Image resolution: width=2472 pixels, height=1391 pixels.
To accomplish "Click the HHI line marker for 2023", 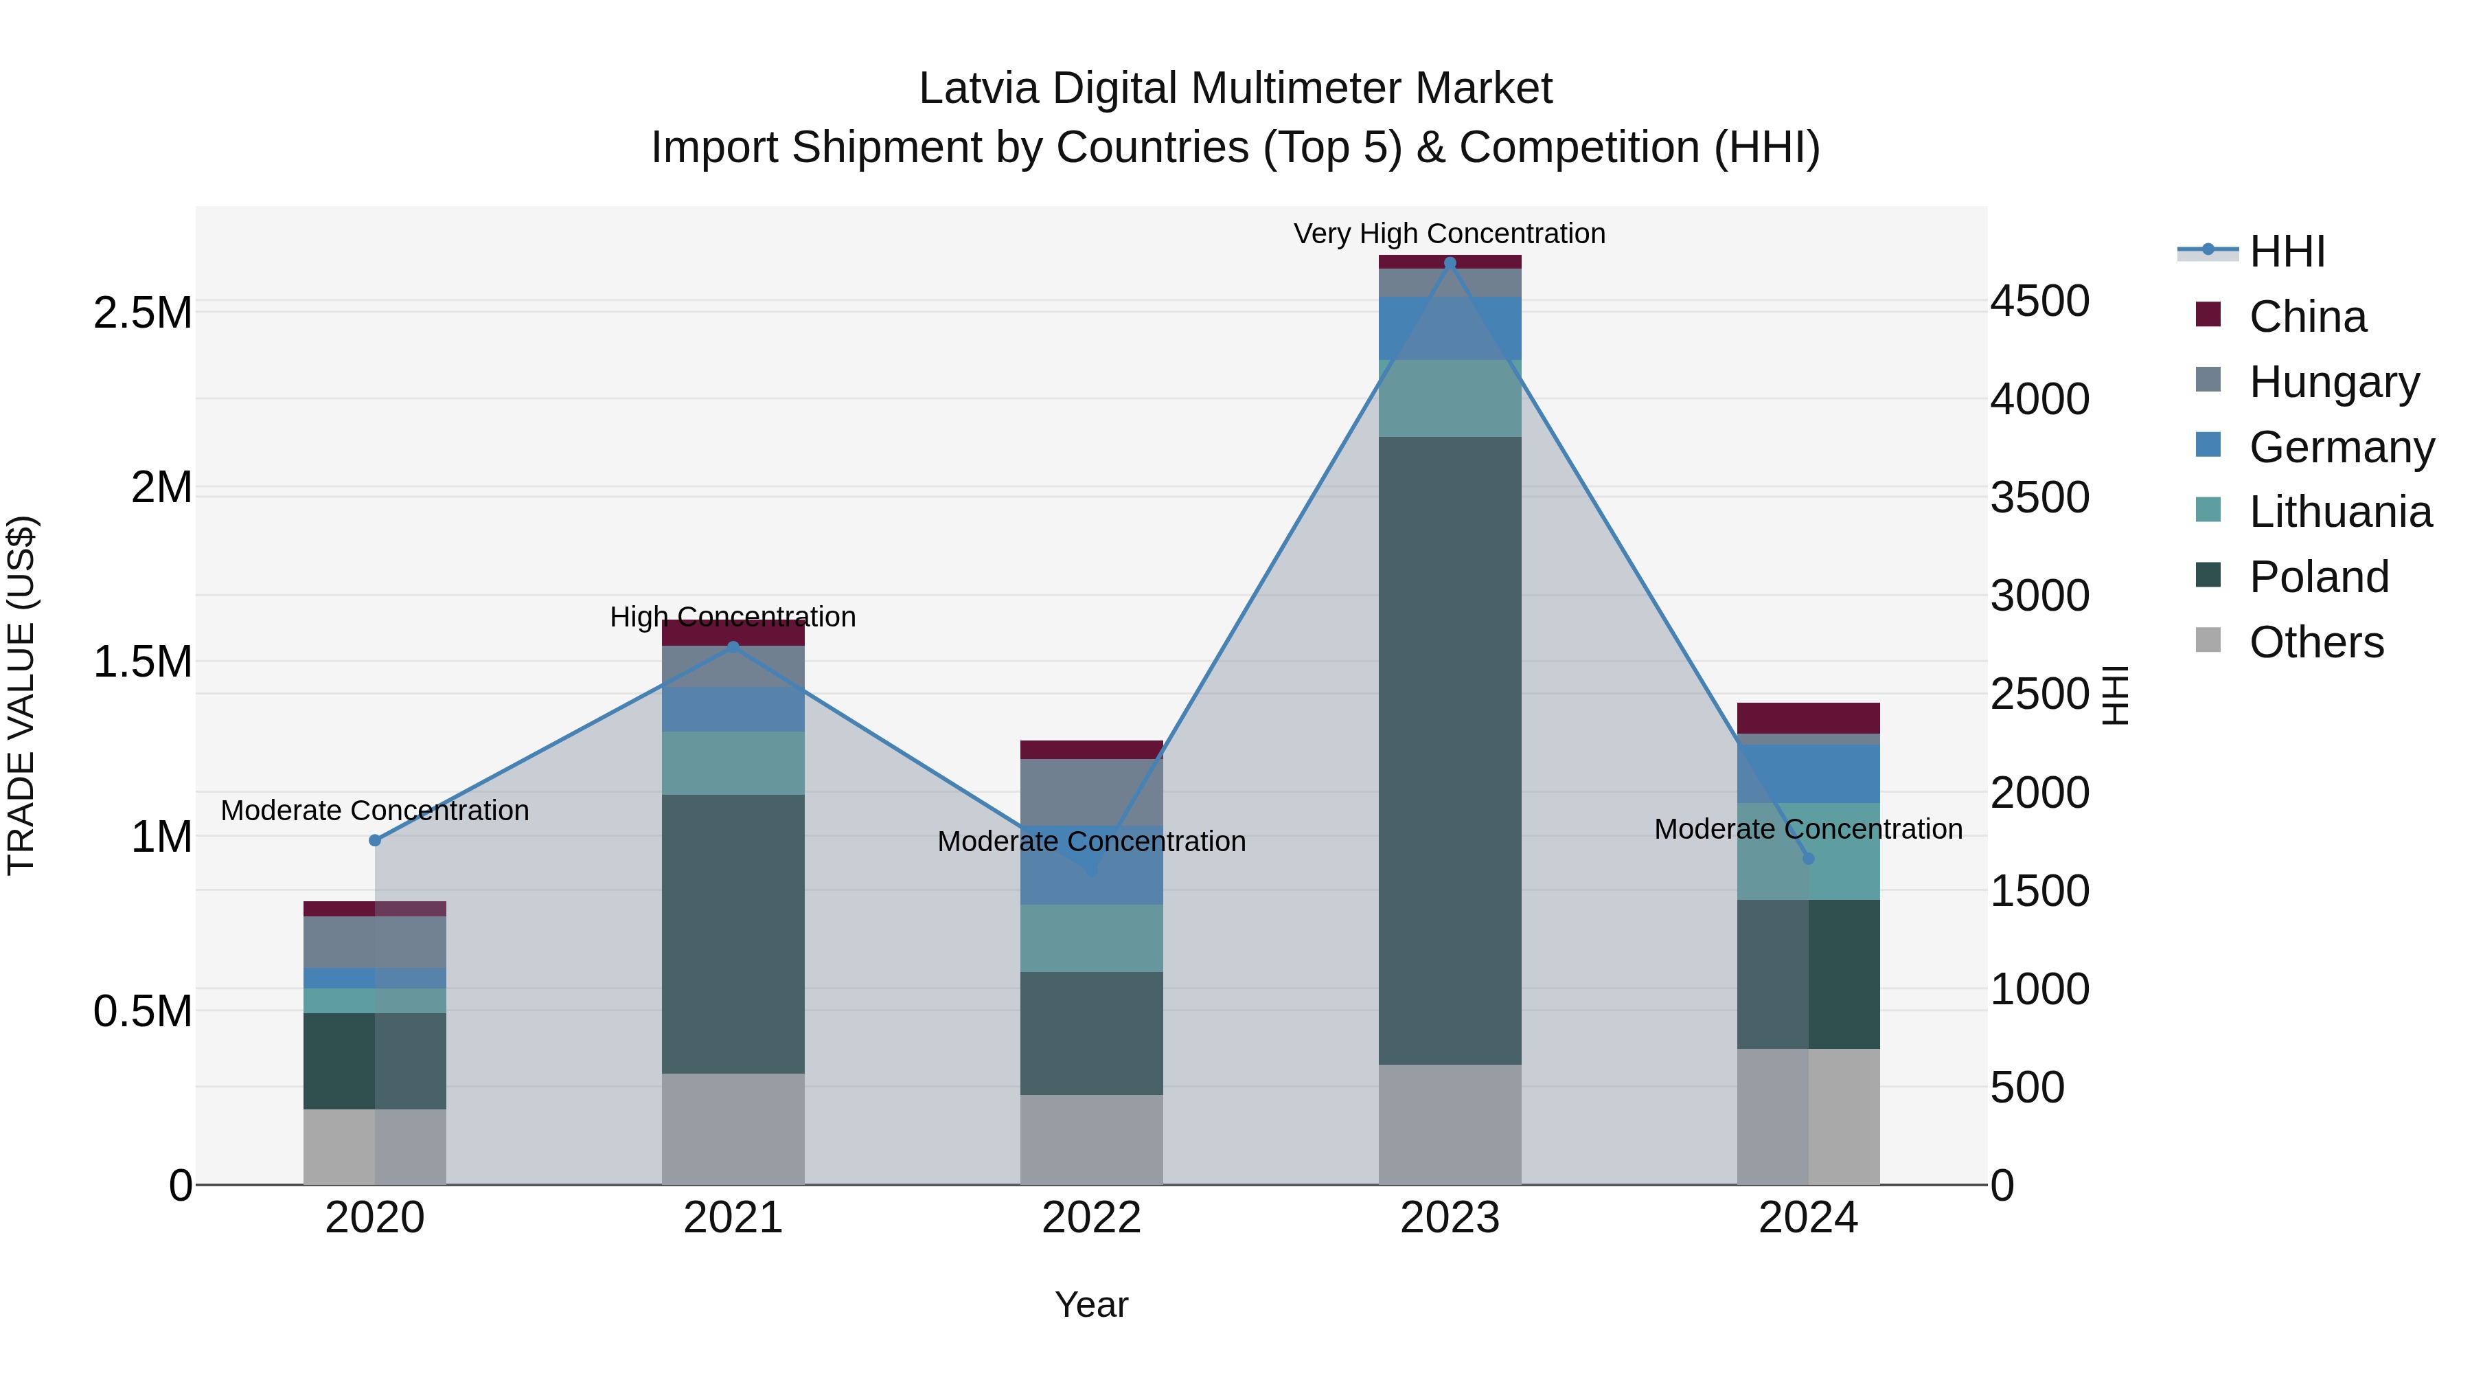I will coord(1449,263).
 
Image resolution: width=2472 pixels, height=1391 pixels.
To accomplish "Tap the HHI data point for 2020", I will coord(375,840).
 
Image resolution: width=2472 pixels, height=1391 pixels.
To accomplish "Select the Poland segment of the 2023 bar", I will coord(1449,749).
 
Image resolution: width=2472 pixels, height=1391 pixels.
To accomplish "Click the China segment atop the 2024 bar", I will coord(1808,718).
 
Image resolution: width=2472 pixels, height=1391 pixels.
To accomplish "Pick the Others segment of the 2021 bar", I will coord(733,1128).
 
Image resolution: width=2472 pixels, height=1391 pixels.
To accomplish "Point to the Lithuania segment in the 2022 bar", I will coord(1091,938).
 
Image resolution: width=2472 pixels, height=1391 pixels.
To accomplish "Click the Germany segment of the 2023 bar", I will coord(1449,328).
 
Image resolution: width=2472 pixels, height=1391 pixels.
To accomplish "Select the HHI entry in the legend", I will coord(2286,251).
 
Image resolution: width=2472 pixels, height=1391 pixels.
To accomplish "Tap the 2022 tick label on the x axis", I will coord(1091,1217).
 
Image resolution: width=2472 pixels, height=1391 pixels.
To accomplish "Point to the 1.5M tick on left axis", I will coord(143,661).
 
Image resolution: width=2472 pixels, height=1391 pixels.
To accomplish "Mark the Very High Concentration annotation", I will coord(1449,234).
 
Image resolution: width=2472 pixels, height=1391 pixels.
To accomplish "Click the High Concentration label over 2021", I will coord(733,616).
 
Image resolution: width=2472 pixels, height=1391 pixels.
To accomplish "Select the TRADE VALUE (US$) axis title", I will coord(21,695).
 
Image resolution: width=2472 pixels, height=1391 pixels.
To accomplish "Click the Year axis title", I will coord(1091,1304).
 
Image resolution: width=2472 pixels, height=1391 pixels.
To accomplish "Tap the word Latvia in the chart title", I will coord(978,89).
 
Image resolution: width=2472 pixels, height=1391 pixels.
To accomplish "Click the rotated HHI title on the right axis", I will coord(2114,695).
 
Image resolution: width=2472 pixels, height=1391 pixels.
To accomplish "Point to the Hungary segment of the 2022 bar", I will coord(1091,792).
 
